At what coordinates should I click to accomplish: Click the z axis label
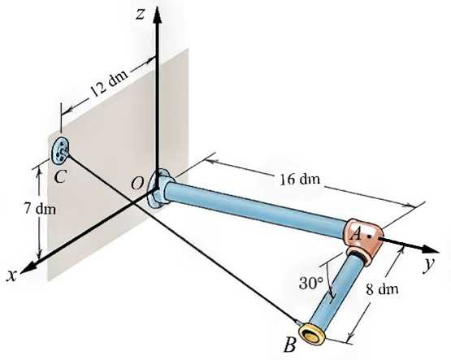140,15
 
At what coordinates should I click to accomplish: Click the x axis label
11,275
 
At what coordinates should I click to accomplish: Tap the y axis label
428,265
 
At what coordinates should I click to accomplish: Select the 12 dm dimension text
109,83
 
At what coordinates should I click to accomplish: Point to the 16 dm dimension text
300,179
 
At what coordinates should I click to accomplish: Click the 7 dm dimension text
40,209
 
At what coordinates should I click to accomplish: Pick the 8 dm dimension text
382,289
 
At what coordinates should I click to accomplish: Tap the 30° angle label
311,284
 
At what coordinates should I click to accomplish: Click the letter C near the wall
61,176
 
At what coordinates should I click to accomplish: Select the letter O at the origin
137,183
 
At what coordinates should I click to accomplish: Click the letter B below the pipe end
289,345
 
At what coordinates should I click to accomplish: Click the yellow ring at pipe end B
311,333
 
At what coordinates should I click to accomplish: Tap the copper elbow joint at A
364,239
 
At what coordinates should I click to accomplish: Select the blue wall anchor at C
60,150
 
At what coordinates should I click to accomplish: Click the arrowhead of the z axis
157,15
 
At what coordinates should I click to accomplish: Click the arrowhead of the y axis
431,249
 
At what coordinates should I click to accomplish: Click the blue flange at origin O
160,189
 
